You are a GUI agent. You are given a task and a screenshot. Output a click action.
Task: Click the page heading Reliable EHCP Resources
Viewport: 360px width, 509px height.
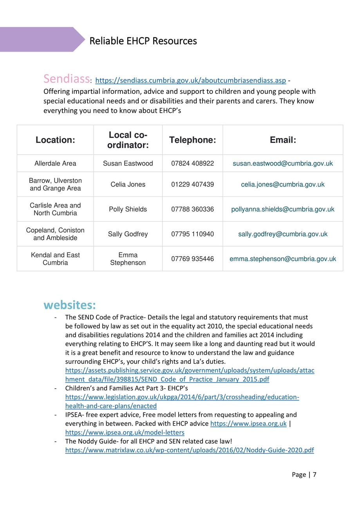point(143,41)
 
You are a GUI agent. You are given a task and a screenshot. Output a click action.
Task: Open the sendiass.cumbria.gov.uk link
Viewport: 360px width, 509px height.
point(191,81)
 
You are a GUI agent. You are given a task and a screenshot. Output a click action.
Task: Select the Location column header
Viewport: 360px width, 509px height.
point(55,140)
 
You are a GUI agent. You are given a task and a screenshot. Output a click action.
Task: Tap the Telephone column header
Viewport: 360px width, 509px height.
point(192,140)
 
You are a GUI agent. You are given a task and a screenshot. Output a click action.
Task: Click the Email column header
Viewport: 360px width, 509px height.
point(282,140)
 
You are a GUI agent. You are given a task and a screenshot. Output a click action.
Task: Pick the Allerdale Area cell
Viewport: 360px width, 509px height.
point(55,163)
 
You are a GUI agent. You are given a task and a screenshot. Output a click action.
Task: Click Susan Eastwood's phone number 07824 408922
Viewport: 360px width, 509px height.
point(192,163)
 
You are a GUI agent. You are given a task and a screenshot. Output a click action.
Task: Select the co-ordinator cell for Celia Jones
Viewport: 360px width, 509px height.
point(128,184)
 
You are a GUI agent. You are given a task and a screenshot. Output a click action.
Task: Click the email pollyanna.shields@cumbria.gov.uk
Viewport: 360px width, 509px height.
point(282,209)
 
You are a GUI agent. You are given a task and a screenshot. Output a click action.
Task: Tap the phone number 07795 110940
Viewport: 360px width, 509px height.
point(192,234)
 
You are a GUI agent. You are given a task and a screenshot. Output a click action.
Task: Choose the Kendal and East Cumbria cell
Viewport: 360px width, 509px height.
point(55,259)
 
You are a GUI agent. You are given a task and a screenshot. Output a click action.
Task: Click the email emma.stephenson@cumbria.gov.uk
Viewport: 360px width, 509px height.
point(282,259)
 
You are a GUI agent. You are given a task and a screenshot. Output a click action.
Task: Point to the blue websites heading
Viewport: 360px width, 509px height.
point(70,304)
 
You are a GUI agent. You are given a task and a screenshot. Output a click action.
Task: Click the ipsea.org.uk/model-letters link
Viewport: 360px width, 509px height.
point(125,432)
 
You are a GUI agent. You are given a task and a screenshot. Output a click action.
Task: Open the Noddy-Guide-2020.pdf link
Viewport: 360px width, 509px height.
point(190,450)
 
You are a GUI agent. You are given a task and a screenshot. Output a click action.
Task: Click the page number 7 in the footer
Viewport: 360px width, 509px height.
point(314,475)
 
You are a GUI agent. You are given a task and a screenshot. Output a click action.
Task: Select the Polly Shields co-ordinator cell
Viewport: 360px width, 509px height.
point(128,209)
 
